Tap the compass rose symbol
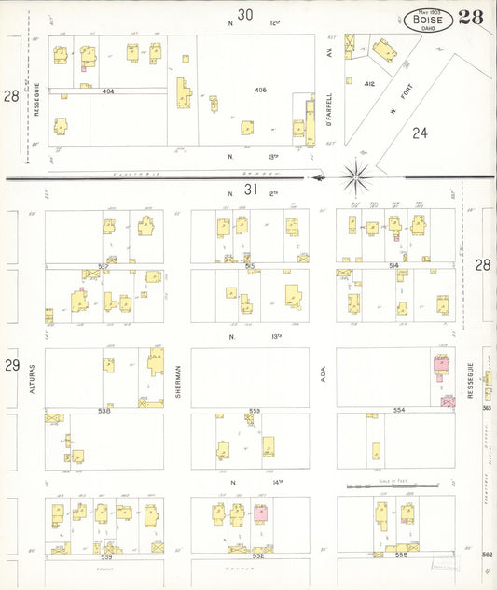(357, 173)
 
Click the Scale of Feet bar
(392, 485)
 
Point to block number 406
(261, 90)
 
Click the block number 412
(369, 83)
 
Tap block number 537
(104, 266)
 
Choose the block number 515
(250, 266)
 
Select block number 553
(255, 411)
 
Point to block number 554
(399, 411)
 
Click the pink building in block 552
(261, 513)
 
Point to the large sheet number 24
(421, 133)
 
